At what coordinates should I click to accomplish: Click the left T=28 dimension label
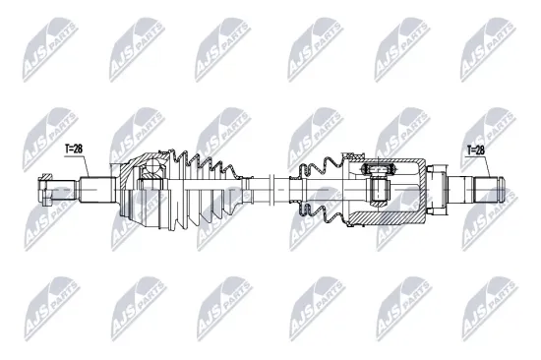tap(76, 149)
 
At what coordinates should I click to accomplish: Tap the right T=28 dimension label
tap(477, 150)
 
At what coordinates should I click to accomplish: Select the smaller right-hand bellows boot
tap(317, 184)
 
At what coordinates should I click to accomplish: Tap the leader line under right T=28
tap(477, 165)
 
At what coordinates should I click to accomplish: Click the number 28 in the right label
tap(482, 150)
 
